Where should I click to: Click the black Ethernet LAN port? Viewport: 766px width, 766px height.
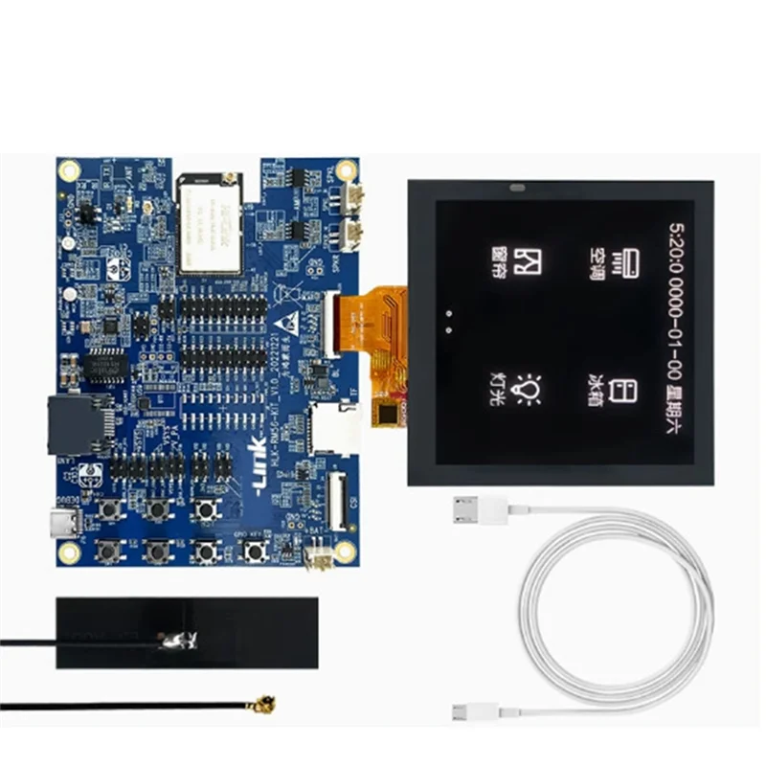69,424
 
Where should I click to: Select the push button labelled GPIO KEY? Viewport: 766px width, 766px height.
254,551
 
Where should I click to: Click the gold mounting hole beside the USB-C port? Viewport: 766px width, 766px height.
68,552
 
